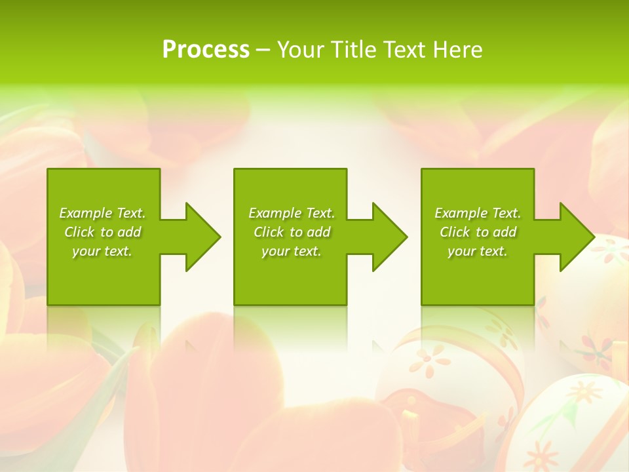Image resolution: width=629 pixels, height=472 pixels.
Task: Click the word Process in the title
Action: click(x=206, y=50)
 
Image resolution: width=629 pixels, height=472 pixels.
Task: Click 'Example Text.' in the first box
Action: click(x=103, y=213)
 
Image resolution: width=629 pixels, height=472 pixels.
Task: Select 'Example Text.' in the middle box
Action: click(x=292, y=213)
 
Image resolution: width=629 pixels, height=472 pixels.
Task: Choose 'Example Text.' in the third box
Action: click(x=478, y=213)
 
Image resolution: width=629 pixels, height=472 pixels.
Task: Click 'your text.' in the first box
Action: click(x=103, y=251)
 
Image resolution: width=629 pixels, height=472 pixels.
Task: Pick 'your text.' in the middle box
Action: click(x=292, y=251)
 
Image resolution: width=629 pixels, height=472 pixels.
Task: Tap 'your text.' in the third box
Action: click(x=478, y=251)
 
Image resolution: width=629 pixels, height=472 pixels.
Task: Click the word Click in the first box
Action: click(x=79, y=232)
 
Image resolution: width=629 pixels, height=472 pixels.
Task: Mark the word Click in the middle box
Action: click(x=269, y=232)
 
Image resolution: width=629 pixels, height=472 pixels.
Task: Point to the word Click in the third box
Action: click(x=455, y=232)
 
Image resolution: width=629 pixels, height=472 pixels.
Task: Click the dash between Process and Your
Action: click(x=263, y=50)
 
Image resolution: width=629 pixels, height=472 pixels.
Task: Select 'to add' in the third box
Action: click(x=497, y=232)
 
